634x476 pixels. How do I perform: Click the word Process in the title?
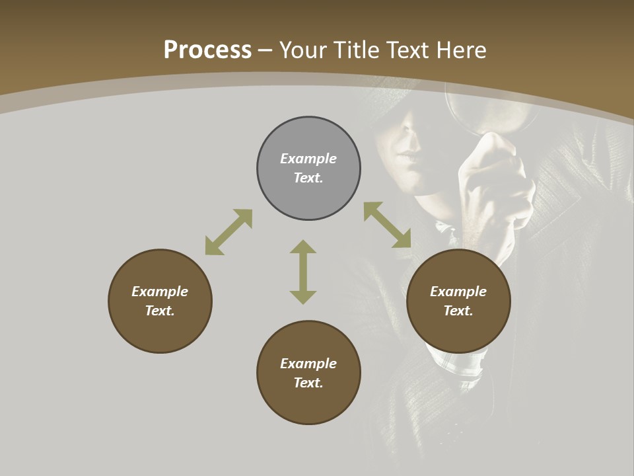[x=207, y=50]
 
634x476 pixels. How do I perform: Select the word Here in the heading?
[x=460, y=50]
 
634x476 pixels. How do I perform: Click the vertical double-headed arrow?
[x=303, y=272]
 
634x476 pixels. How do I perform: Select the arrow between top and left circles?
[x=229, y=232]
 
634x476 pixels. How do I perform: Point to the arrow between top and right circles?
[x=387, y=225]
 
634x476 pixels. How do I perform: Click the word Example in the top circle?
[x=308, y=159]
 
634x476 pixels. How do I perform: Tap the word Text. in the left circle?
[x=160, y=311]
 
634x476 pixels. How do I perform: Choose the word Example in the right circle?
[x=458, y=292]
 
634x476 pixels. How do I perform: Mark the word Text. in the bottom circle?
[x=308, y=383]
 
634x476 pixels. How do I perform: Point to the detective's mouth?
[x=408, y=159]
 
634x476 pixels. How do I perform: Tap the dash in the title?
[x=265, y=50]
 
